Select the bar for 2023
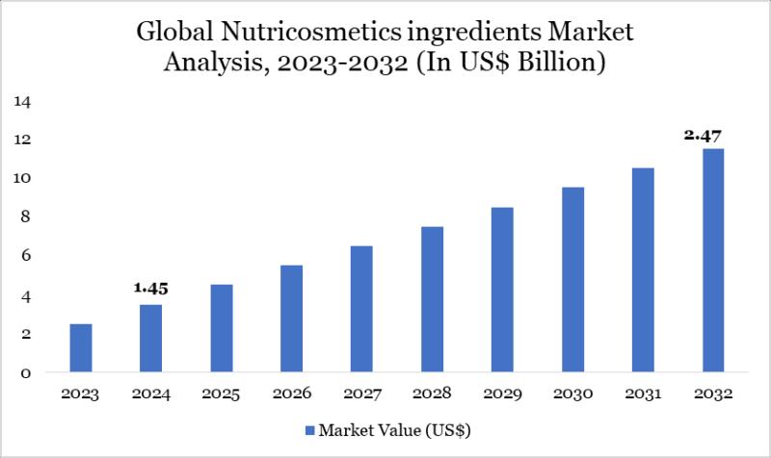[x=81, y=347]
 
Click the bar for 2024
[x=150, y=338]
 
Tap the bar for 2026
[x=291, y=318]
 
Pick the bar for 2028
[x=432, y=299]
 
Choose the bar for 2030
[x=572, y=279]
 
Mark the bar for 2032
[x=713, y=260]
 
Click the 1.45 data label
[x=150, y=288]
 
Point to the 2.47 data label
[x=704, y=135]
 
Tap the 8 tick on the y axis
[x=28, y=217]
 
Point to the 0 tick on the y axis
[x=28, y=373]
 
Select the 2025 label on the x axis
[x=221, y=394]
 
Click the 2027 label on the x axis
[x=361, y=394]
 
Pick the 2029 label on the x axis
[x=502, y=394]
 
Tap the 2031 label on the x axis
[x=643, y=394]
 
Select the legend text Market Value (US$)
[x=395, y=429]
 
